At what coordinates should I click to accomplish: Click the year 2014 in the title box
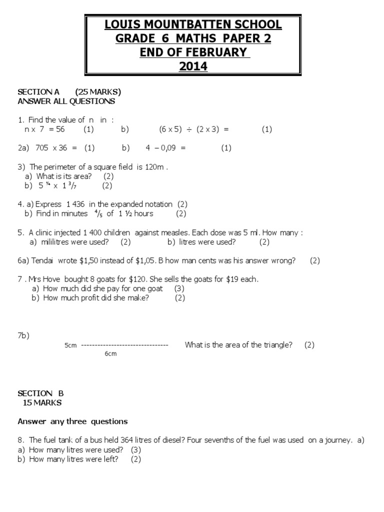point(193,65)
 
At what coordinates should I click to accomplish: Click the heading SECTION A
point(38,91)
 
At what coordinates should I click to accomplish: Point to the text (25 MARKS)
point(98,91)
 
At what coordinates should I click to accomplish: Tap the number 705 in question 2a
point(43,147)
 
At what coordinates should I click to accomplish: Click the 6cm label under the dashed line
point(110,354)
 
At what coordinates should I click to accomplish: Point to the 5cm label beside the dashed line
point(70,345)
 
